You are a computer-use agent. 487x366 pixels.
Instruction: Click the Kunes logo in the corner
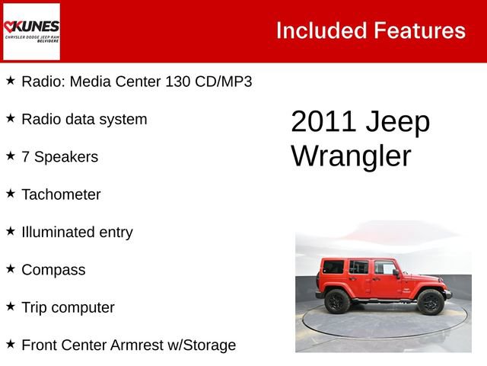pos(31,31)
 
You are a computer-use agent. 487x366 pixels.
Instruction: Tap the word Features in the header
pos(419,30)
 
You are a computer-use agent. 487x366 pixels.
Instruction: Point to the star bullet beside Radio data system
pos(11,118)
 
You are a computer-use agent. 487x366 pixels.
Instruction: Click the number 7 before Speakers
pos(26,157)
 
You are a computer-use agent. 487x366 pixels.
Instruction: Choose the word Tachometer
pos(61,194)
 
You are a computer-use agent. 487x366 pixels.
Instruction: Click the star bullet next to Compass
pos(11,268)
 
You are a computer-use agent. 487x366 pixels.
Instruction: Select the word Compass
pos(53,270)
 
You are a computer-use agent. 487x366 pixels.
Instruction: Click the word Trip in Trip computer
pos(34,307)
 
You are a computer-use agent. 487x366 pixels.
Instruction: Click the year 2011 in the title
pos(323,123)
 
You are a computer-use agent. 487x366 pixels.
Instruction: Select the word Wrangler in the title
pos(351,156)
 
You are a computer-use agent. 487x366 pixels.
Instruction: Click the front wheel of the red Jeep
pos(430,301)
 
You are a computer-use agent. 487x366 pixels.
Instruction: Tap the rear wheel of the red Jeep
pos(337,301)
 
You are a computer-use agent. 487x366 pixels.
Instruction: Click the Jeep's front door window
pos(384,268)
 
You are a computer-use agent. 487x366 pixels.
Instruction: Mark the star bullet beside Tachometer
pos(11,194)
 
